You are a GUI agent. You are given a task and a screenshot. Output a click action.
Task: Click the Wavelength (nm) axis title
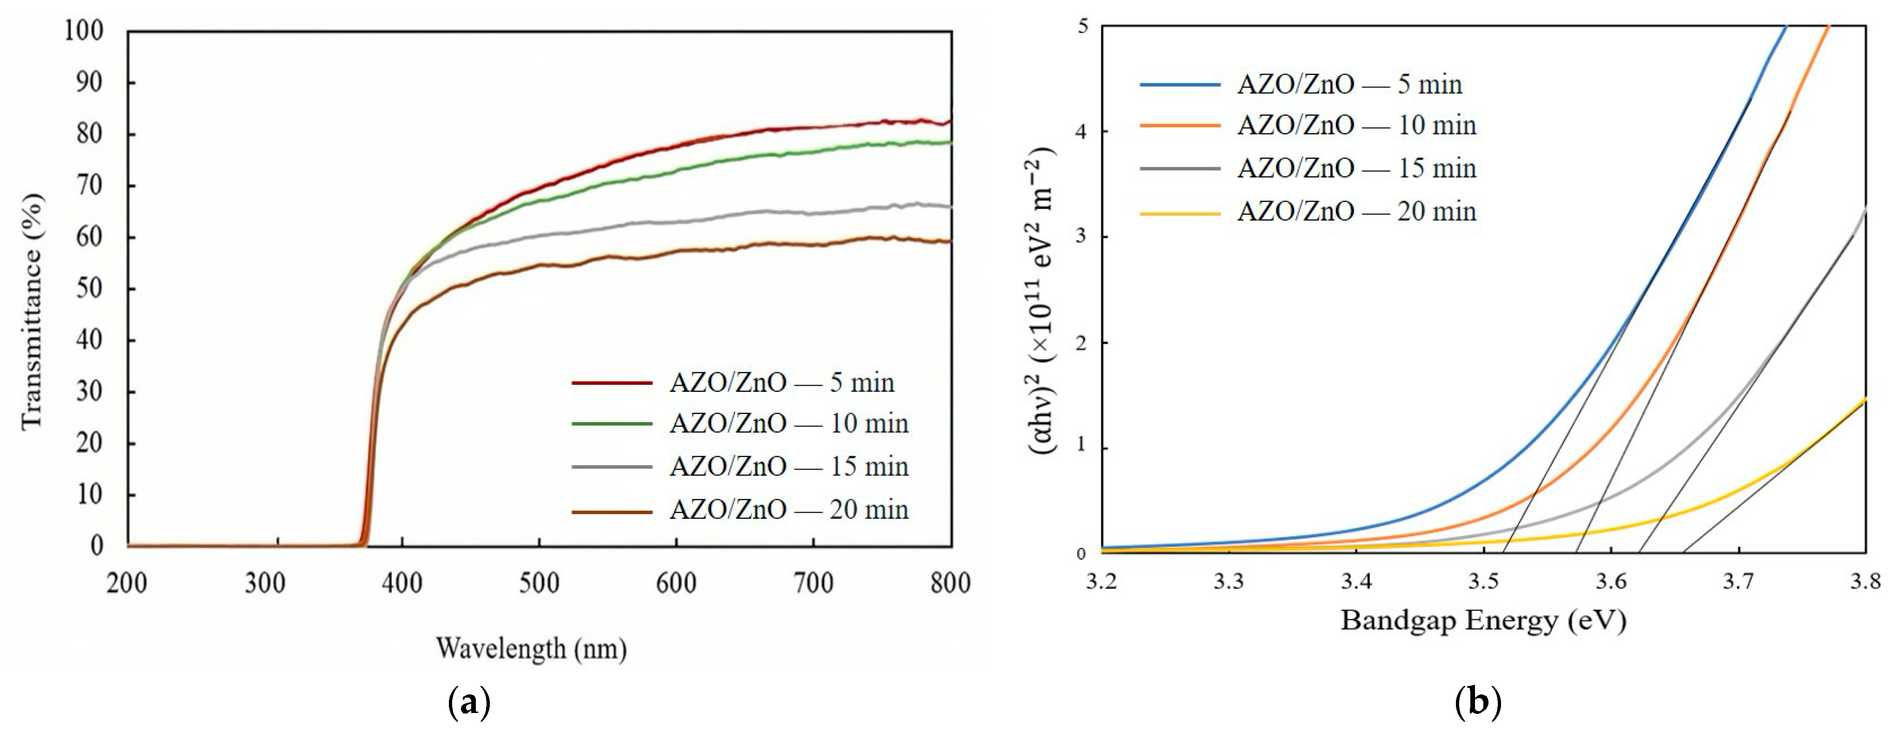[531, 648]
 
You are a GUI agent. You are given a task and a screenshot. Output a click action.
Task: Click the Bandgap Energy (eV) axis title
[1482, 620]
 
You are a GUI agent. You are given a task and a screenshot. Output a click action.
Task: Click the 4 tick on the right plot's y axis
[1081, 132]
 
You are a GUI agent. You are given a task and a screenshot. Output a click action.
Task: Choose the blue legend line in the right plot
[1180, 85]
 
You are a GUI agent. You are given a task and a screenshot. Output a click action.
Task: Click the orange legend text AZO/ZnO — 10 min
[1356, 125]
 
